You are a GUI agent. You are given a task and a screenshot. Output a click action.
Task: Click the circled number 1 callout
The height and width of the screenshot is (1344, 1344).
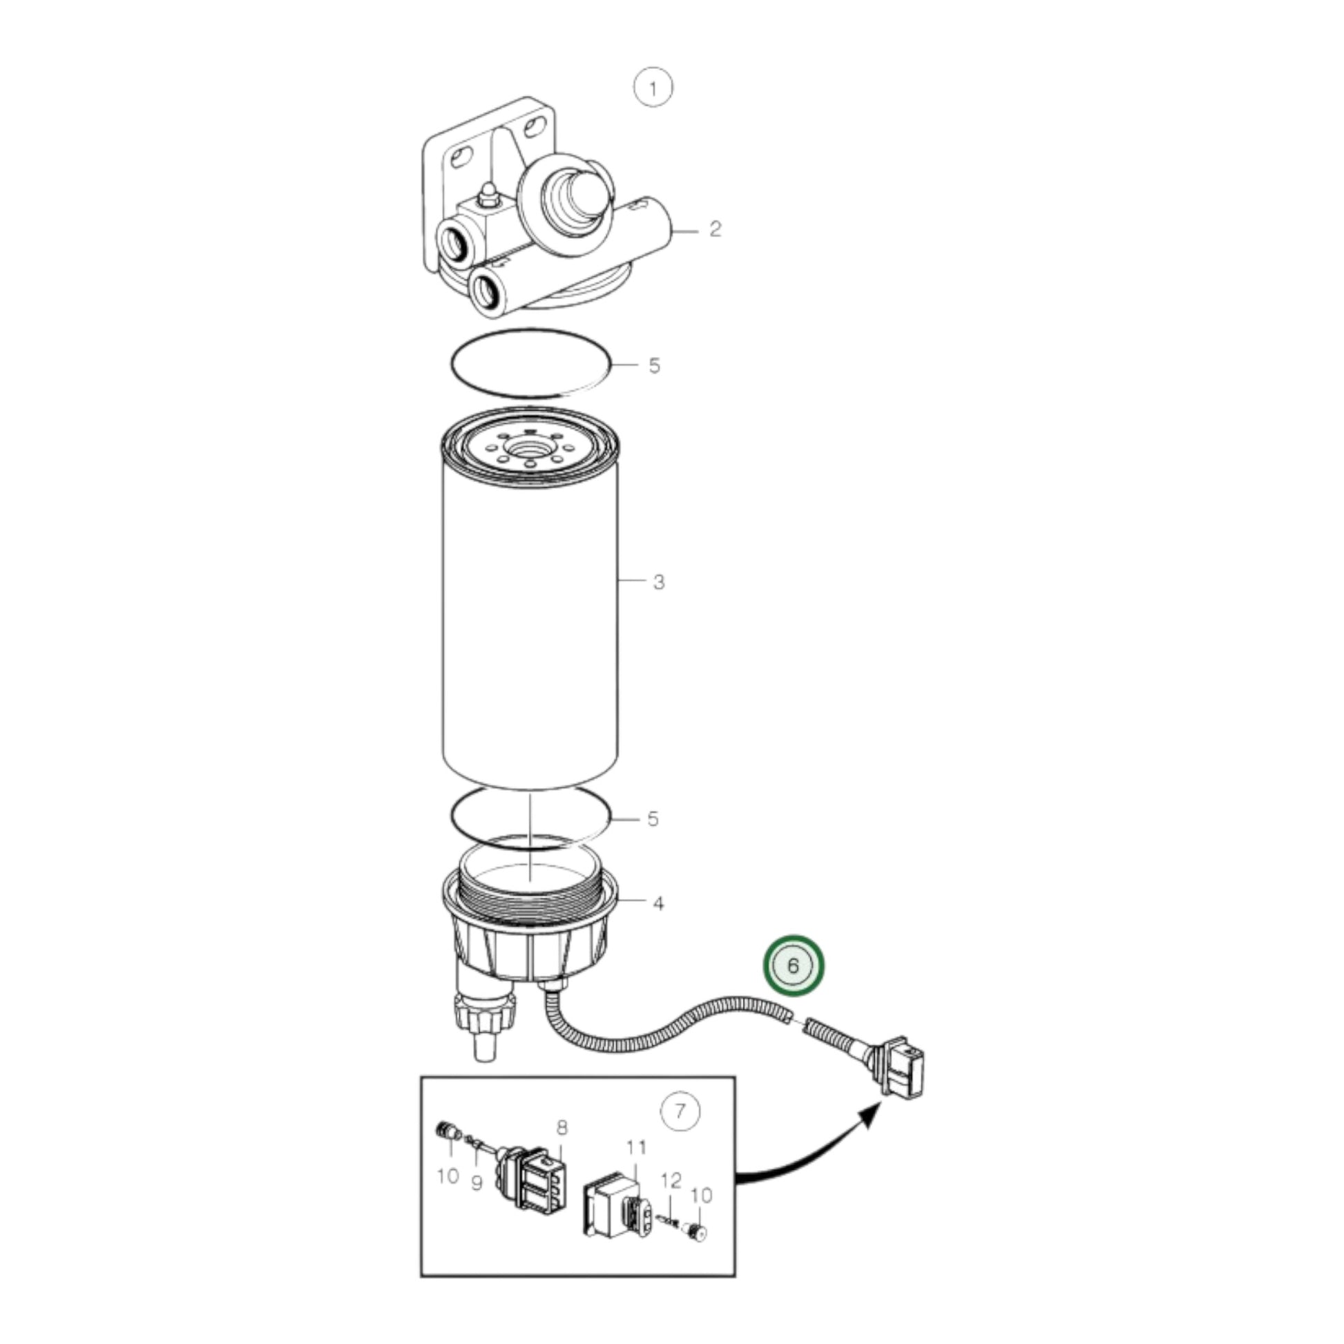(x=653, y=88)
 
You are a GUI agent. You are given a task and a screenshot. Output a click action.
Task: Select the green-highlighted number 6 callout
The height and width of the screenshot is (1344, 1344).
(x=793, y=966)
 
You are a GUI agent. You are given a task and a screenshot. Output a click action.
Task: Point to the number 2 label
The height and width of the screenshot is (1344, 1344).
(x=715, y=229)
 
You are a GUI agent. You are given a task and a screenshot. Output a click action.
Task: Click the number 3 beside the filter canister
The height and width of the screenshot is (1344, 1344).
(x=659, y=582)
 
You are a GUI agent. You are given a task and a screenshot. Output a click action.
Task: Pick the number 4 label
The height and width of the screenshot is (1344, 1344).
(x=658, y=903)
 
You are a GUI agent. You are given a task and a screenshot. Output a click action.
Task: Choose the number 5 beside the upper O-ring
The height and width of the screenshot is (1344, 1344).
(x=654, y=365)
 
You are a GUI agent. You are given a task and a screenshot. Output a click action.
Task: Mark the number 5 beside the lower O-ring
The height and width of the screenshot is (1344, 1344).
(x=653, y=819)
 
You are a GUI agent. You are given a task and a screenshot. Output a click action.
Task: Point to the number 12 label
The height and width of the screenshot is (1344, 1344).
(x=671, y=1180)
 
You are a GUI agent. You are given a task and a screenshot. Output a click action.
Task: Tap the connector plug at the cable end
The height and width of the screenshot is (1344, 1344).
(x=901, y=1076)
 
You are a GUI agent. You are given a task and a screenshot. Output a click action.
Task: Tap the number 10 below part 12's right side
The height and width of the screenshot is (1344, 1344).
(x=701, y=1196)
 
